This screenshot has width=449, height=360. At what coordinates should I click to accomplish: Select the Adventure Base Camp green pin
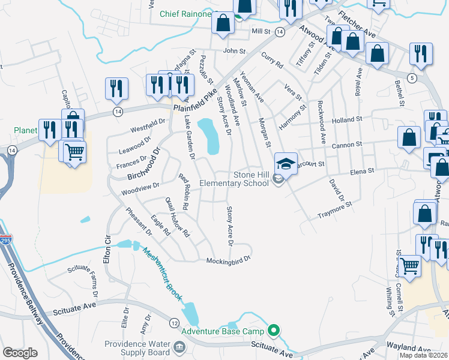click(x=274, y=330)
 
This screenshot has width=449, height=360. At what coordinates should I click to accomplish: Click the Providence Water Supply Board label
click(x=137, y=348)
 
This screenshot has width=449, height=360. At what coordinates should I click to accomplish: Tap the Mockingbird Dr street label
click(x=228, y=261)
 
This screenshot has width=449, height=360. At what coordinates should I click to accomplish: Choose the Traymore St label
click(x=334, y=209)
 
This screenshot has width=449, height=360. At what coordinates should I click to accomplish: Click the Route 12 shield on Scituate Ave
click(x=173, y=323)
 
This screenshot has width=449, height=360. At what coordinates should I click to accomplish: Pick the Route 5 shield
click(x=411, y=78)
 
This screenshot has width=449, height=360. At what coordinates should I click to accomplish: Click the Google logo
click(x=20, y=353)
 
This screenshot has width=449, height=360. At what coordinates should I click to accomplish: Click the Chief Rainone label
click(x=186, y=14)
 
